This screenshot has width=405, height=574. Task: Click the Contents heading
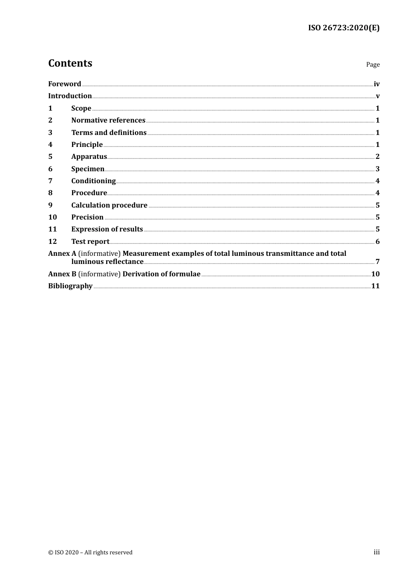[70, 63]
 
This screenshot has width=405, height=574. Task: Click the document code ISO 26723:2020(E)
[344, 28]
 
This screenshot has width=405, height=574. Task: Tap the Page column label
[373, 64]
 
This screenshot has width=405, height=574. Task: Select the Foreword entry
[64, 84]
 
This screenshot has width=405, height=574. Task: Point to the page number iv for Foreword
[376, 84]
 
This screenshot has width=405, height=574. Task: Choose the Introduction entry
[70, 96]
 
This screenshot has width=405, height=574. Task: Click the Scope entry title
[81, 108]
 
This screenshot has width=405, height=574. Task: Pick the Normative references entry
[108, 120]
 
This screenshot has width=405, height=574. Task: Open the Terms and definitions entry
[109, 132]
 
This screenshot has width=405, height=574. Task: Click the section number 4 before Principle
[50, 144]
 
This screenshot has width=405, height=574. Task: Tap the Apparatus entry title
[89, 156]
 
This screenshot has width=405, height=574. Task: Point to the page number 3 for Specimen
[377, 169]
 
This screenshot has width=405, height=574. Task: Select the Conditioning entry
[93, 181]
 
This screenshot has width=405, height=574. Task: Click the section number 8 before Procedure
[50, 193]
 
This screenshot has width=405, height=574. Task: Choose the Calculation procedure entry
[109, 205]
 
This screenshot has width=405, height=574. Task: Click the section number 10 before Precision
[52, 217]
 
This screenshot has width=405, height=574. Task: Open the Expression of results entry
[107, 229]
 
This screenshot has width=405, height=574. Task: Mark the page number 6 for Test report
[377, 241]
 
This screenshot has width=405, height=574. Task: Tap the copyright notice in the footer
[90, 552]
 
